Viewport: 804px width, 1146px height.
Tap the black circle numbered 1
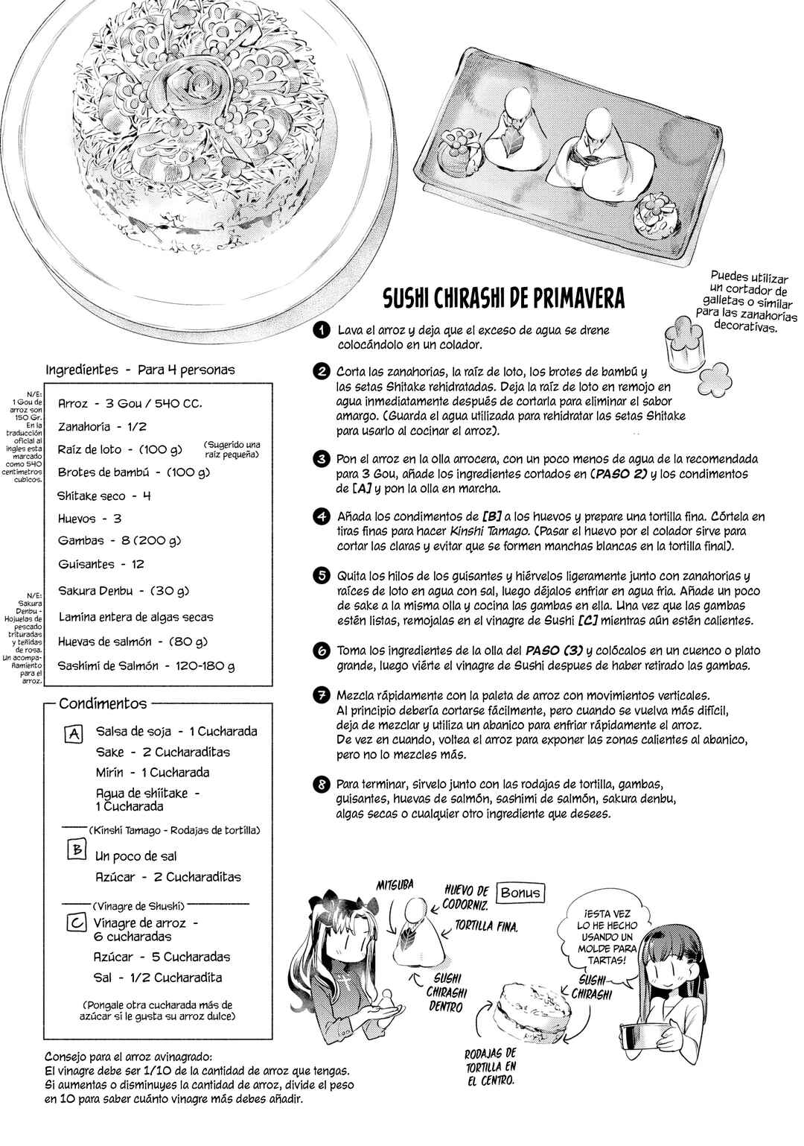pyautogui.click(x=322, y=331)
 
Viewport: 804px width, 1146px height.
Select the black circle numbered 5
pyautogui.click(x=322, y=576)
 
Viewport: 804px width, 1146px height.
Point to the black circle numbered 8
pyautogui.click(x=322, y=784)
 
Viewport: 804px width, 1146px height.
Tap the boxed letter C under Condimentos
pyautogui.click(x=77, y=922)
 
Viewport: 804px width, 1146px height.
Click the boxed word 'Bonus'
pyautogui.click(x=521, y=893)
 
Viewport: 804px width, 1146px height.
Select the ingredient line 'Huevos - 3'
pyautogui.click(x=90, y=519)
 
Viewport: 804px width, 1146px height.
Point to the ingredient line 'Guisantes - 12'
pyautogui.click(x=101, y=564)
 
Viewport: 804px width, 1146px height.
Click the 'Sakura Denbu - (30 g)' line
pyautogui.click(x=124, y=591)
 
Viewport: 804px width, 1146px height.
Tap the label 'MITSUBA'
pyautogui.click(x=395, y=884)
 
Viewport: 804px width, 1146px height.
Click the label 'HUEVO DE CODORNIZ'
pyautogui.click(x=466, y=897)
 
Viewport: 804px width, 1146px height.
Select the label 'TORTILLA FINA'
pyautogui.click(x=486, y=925)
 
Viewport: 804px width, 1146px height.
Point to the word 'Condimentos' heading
pyautogui.click(x=103, y=703)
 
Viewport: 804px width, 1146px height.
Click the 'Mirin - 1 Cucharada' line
pyautogui.click(x=153, y=772)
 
